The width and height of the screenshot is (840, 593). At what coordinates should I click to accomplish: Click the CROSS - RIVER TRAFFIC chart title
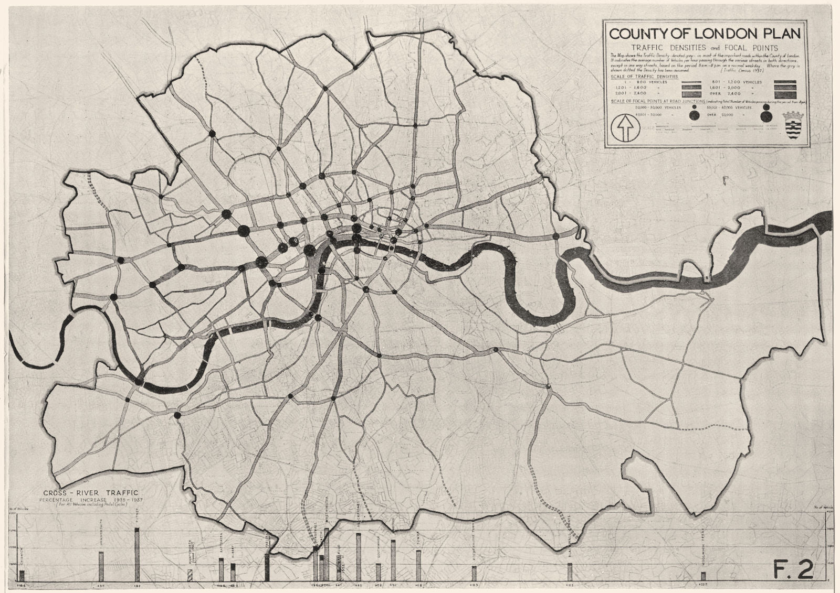point(92,492)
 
